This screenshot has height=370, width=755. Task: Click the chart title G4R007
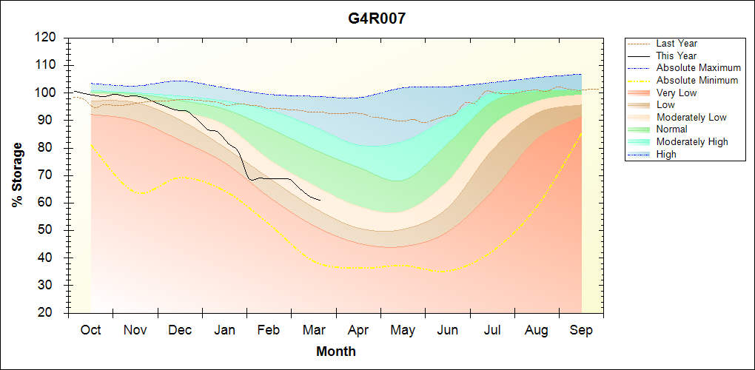coord(377,18)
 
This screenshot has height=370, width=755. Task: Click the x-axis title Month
coord(335,351)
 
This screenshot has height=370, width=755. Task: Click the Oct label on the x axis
coord(90,330)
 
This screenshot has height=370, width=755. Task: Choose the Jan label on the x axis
coord(224,330)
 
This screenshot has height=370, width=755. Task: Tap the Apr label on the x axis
coord(358,330)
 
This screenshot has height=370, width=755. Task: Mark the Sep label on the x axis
coord(581,330)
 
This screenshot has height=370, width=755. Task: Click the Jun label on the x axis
coord(447,330)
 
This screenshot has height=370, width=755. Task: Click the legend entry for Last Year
coord(676,44)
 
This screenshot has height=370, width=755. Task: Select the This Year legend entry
coord(676,55)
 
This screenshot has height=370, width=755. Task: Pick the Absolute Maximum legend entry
coord(698,68)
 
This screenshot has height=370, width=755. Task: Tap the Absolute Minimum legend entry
coord(697,81)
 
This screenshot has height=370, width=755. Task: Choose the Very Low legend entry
coord(677,92)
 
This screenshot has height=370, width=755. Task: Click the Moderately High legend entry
coord(692,142)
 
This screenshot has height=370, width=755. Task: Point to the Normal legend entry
coord(671,129)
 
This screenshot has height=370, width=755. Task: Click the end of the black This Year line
coord(321,200)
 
